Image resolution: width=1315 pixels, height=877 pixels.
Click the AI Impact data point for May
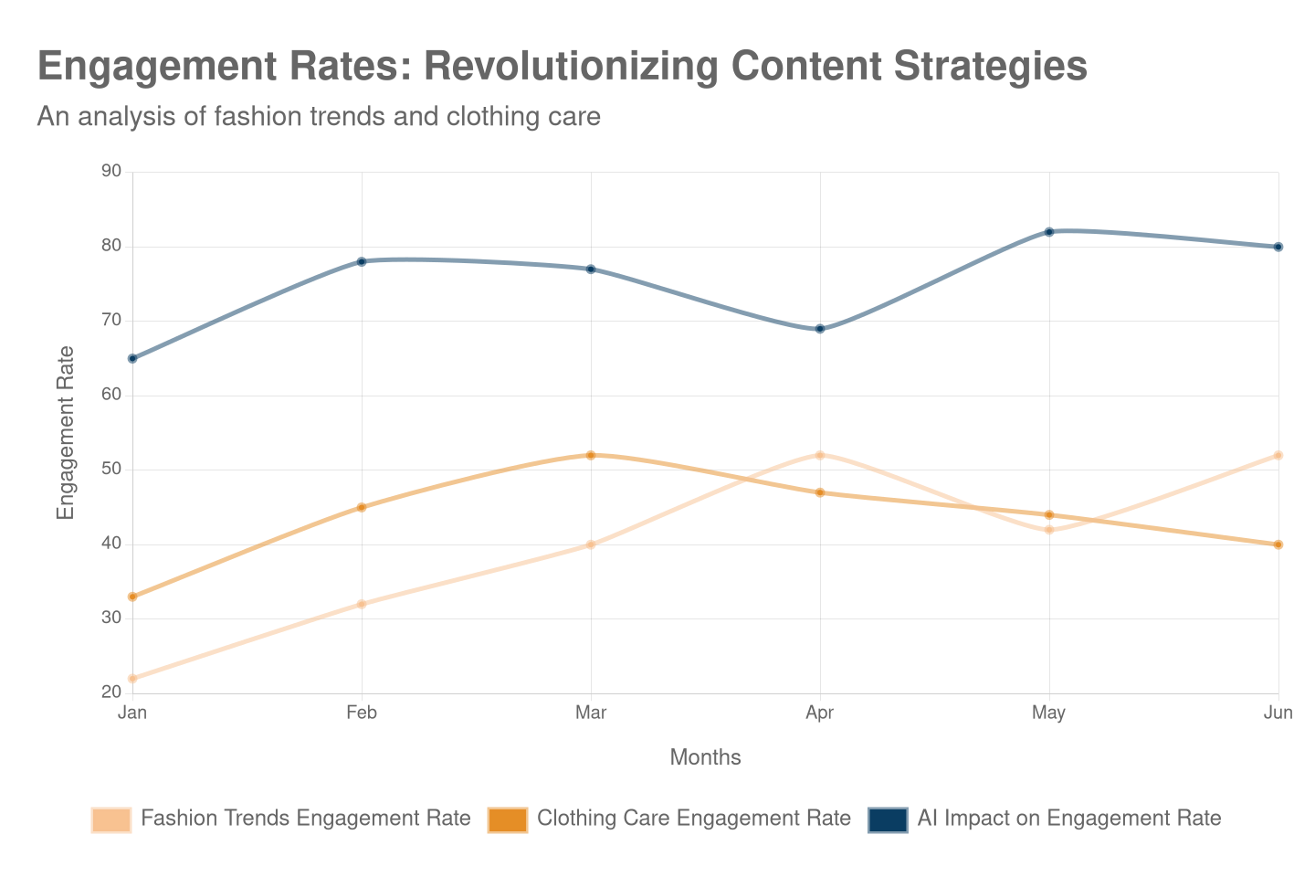click(1049, 232)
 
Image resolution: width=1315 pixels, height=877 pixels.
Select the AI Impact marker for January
click(132, 359)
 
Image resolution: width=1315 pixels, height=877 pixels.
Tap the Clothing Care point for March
click(591, 455)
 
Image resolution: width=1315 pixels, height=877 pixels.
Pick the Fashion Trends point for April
click(820, 455)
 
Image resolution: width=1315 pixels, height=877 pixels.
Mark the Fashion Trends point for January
click(132, 679)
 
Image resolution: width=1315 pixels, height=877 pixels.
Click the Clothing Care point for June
click(1278, 544)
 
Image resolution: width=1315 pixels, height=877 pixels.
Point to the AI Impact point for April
click(820, 329)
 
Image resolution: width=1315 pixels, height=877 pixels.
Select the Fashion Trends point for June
click(1278, 455)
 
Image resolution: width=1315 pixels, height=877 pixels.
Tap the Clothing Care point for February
click(362, 507)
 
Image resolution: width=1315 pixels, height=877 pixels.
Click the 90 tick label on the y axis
click(111, 172)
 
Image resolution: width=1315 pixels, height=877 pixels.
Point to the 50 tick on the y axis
click(111, 469)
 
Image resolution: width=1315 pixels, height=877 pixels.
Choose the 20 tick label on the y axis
click(111, 692)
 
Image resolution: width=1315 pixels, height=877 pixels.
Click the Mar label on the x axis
click(591, 713)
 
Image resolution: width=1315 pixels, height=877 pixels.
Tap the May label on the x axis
click(1049, 713)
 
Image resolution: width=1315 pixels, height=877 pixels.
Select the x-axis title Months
click(705, 757)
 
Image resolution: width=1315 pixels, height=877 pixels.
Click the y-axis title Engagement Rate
click(66, 433)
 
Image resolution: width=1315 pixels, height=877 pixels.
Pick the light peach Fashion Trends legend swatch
click(111, 819)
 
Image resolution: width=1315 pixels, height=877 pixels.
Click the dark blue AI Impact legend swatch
click(888, 819)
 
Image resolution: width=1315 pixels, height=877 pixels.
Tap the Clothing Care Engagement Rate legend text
click(694, 819)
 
